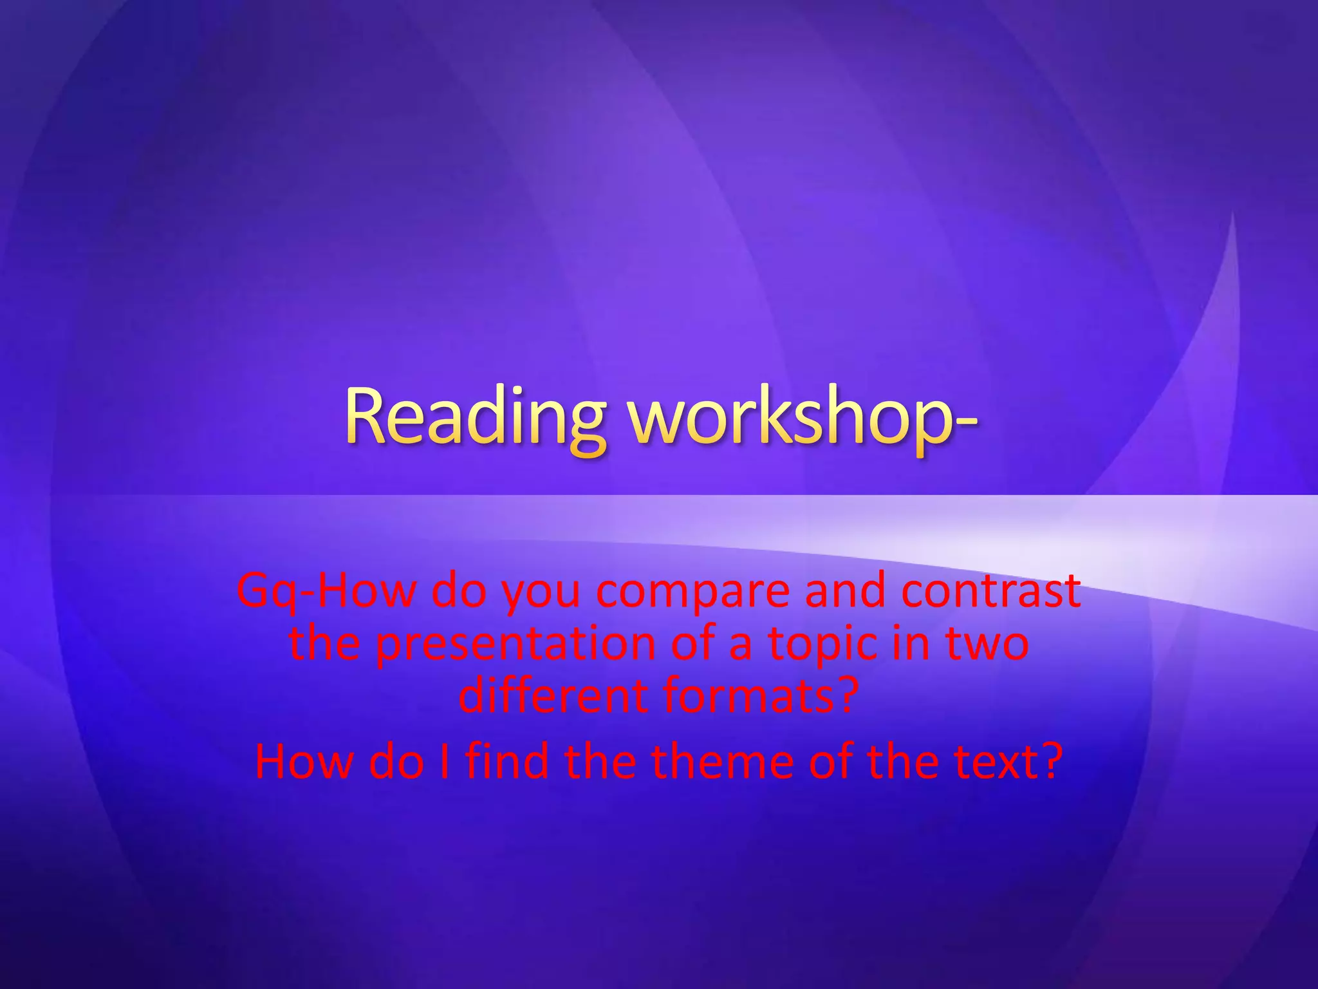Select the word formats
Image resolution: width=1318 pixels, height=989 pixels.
pyautogui.click(x=743, y=697)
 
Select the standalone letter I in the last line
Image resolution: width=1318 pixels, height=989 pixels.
pyautogui.click(x=444, y=761)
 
